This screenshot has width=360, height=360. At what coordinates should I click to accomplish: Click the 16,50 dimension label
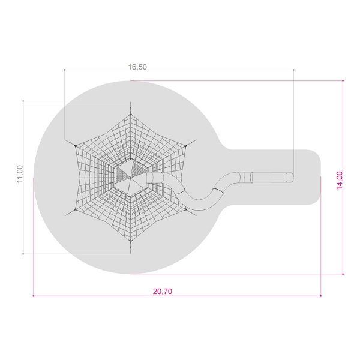(x=137, y=67)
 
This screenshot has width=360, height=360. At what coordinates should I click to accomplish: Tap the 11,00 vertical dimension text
(x=20, y=174)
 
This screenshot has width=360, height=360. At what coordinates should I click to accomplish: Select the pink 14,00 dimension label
(x=340, y=181)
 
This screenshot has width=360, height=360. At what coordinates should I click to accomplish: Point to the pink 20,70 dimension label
(x=163, y=292)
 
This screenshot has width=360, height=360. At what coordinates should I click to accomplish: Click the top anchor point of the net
(x=130, y=113)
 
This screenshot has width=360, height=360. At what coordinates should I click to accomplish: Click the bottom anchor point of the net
(x=130, y=241)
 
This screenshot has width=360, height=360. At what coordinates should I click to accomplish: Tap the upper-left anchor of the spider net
(x=75, y=145)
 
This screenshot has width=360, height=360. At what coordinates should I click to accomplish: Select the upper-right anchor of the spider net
(x=186, y=145)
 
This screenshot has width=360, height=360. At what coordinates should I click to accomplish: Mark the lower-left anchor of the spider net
(x=75, y=209)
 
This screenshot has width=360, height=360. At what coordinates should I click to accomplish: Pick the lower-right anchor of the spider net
(x=186, y=209)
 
